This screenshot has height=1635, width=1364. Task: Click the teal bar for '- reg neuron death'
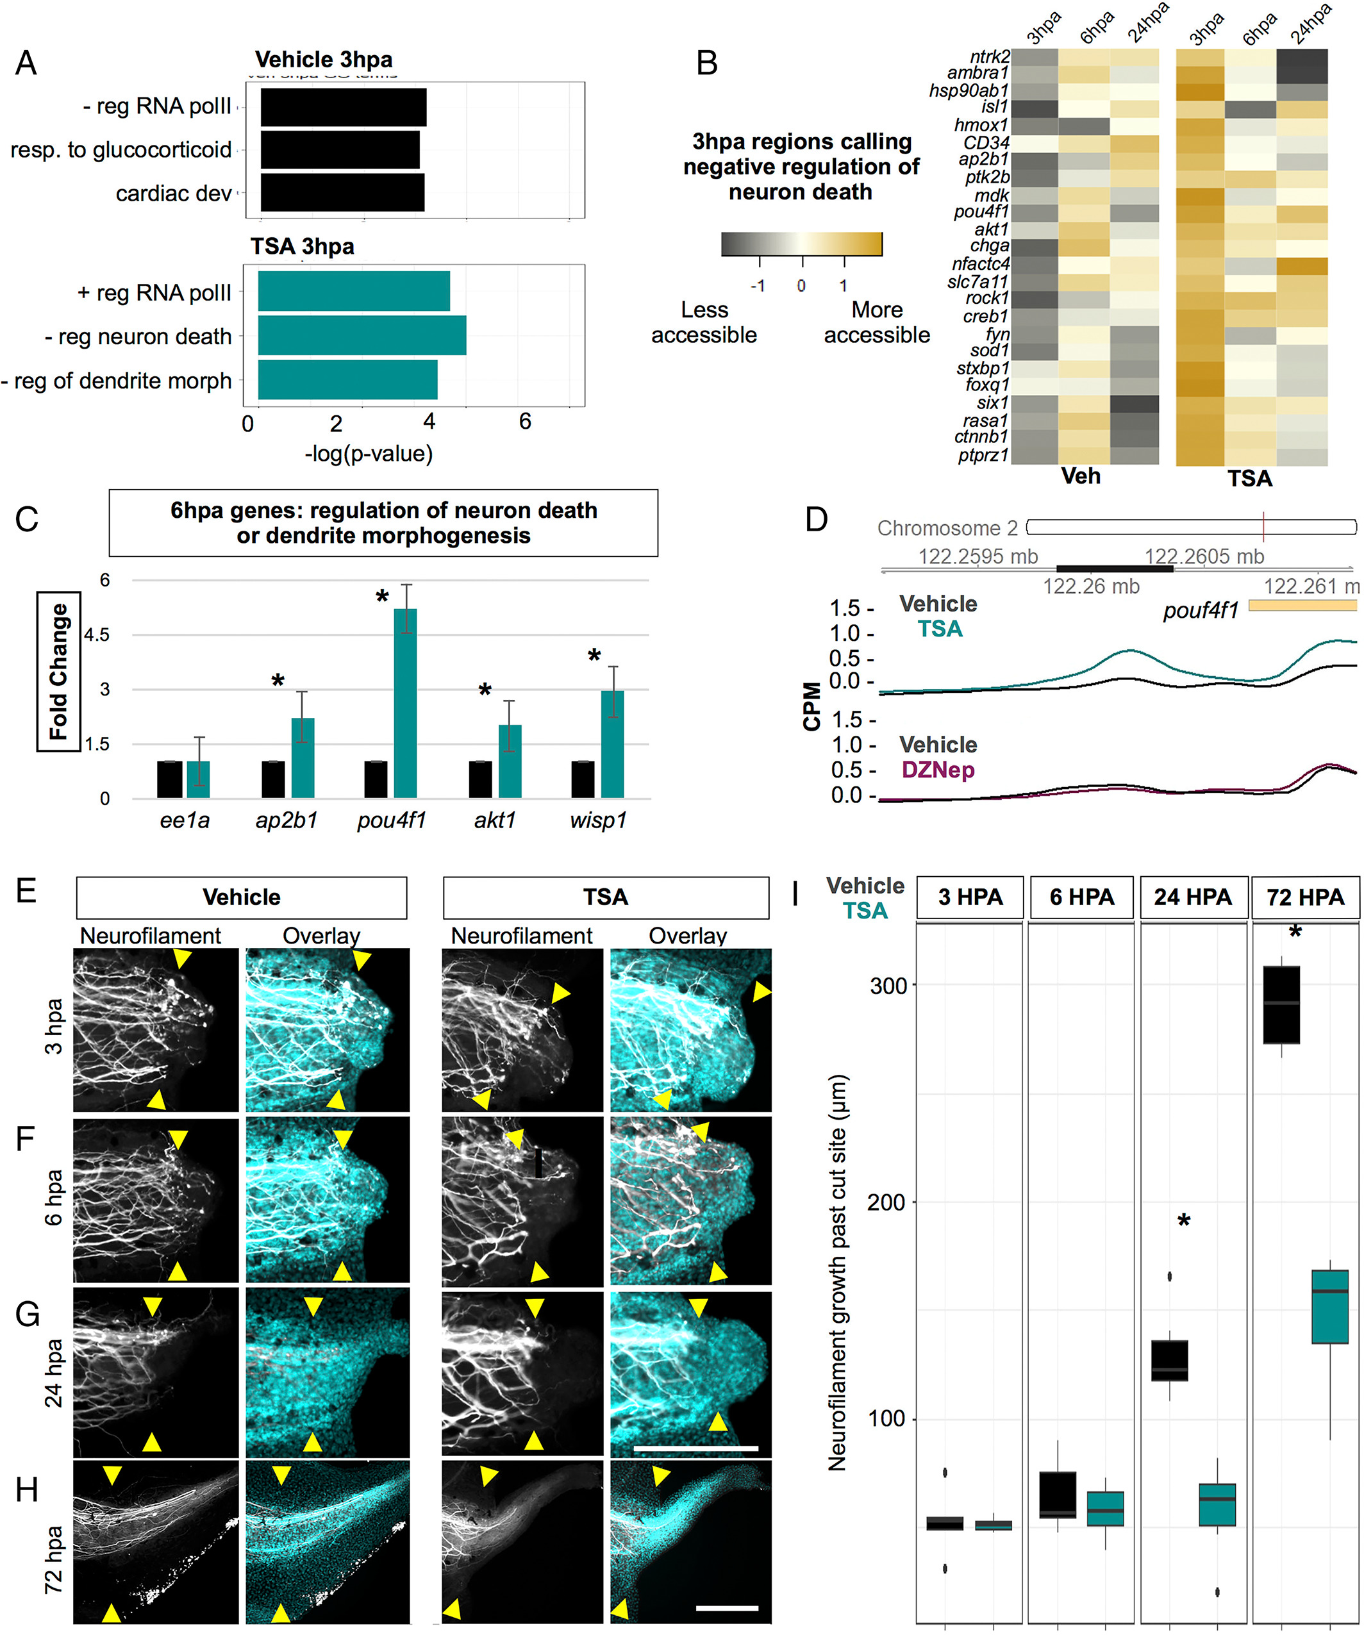tap(362, 336)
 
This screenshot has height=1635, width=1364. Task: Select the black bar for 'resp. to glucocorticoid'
tap(340, 149)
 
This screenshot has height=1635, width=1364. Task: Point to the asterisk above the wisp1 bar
tap(594, 656)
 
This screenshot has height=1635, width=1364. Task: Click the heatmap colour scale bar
tap(801, 244)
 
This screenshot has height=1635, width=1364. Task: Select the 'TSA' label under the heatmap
tap(1249, 478)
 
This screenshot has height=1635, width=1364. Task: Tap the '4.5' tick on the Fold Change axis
tap(97, 635)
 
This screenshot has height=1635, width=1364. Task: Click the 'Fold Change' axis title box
tap(58, 671)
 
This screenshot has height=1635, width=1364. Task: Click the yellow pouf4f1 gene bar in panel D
tap(1302, 606)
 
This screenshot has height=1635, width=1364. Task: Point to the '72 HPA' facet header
tap(1305, 897)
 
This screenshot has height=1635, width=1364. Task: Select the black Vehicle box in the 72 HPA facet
tap(1281, 1004)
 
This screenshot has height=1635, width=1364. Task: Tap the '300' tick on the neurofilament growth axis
tap(888, 986)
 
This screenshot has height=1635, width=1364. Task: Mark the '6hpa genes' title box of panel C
tap(383, 523)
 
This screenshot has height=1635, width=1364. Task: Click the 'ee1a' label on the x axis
tap(184, 820)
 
